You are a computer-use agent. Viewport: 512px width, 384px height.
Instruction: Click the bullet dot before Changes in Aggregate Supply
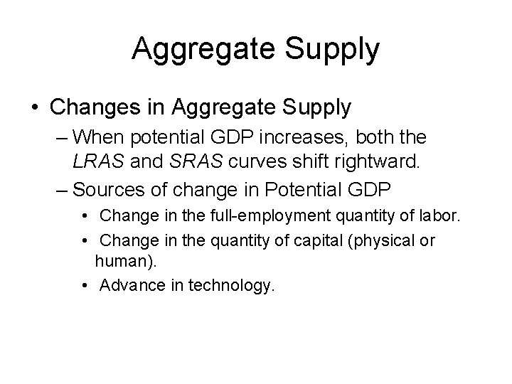[33, 108]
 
